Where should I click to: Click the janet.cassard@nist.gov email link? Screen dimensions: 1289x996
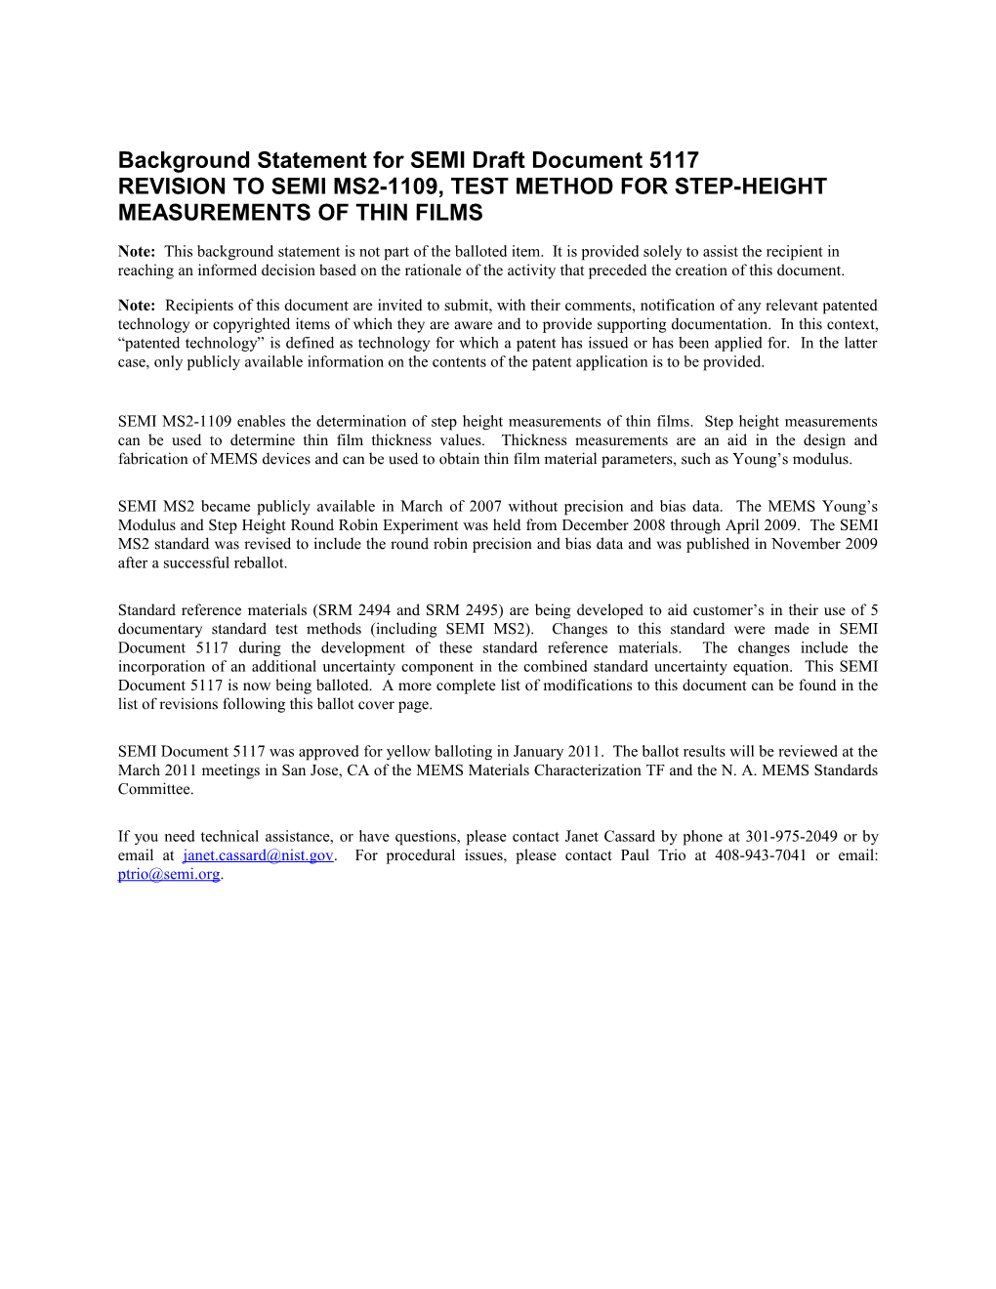(258, 855)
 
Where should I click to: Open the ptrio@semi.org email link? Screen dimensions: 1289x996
(169, 874)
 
